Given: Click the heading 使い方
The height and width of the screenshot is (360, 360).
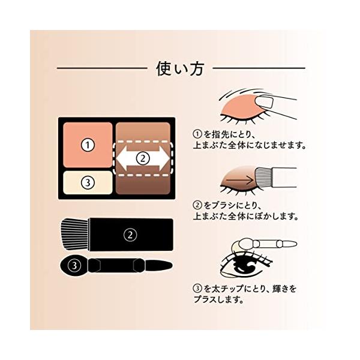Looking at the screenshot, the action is [x=180, y=68].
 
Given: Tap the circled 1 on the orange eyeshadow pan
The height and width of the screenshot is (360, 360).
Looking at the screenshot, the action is [x=88, y=145].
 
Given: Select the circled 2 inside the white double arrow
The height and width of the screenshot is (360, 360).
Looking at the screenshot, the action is [x=143, y=158].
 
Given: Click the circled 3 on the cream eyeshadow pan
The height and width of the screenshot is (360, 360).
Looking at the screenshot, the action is [x=88, y=182].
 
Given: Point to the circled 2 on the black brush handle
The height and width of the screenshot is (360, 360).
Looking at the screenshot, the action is [x=130, y=235].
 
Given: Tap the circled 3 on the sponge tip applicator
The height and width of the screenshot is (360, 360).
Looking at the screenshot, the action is [x=74, y=265].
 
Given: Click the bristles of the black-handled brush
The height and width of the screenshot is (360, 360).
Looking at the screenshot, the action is [x=74, y=234].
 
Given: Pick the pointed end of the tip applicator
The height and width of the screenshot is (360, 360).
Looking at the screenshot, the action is [x=171, y=266].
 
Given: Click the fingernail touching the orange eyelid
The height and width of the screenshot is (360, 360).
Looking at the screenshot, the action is [x=264, y=102].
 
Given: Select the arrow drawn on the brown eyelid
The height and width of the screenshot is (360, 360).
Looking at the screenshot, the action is [x=239, y=180].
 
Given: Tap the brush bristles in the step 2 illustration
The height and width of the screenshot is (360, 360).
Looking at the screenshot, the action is [x=263, y=177].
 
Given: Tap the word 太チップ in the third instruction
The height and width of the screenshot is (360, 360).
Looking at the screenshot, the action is [x=227, y=289].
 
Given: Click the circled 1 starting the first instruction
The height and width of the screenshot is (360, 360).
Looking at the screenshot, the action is [x=197, y=134].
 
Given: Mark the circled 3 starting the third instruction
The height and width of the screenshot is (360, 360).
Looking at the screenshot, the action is [x=197, y=289].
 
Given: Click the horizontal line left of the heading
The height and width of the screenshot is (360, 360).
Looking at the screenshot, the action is [x=102, y=68].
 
